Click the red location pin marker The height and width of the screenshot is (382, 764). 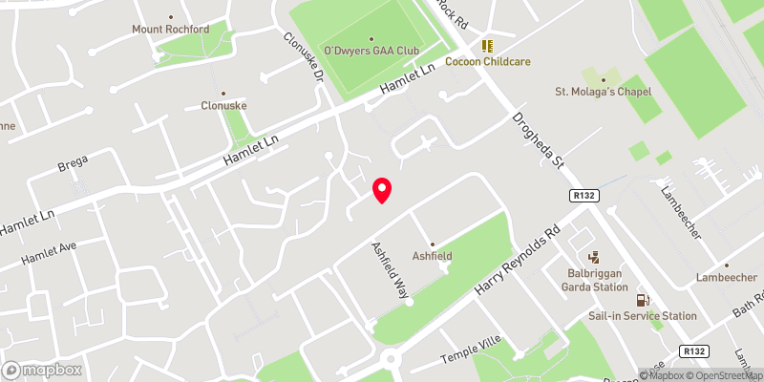[x=382, y=190]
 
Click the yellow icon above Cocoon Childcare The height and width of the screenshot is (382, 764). [x=488, y=45]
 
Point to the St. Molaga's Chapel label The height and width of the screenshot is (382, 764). [x=603, y=92]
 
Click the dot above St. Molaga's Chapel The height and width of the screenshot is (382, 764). [x=603, y=77]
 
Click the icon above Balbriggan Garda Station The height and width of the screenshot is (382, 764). [x=594, y=256]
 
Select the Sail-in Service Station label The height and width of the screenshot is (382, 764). [x=642, y=315]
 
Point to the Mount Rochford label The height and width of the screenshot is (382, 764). [x=170, y=30]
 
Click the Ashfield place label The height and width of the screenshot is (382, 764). [x=432, y=256]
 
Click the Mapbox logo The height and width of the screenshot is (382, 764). [x=42, y=370]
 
